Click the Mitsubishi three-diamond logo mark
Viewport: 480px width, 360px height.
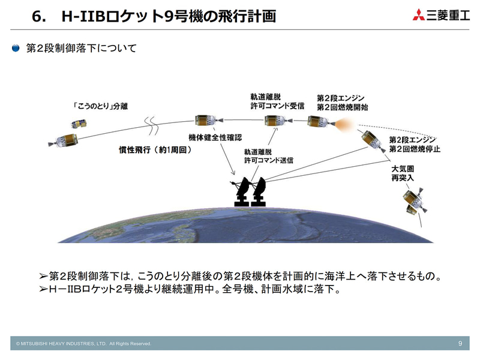click(419, 15)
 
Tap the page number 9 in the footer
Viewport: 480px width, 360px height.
click(460, 343)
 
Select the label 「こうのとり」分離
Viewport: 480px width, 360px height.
click(99, 107)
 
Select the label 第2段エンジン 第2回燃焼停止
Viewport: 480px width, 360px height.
click(412, 144)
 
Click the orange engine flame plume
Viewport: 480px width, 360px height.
click(342, 124)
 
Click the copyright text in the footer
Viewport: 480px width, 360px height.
click(83, 344)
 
